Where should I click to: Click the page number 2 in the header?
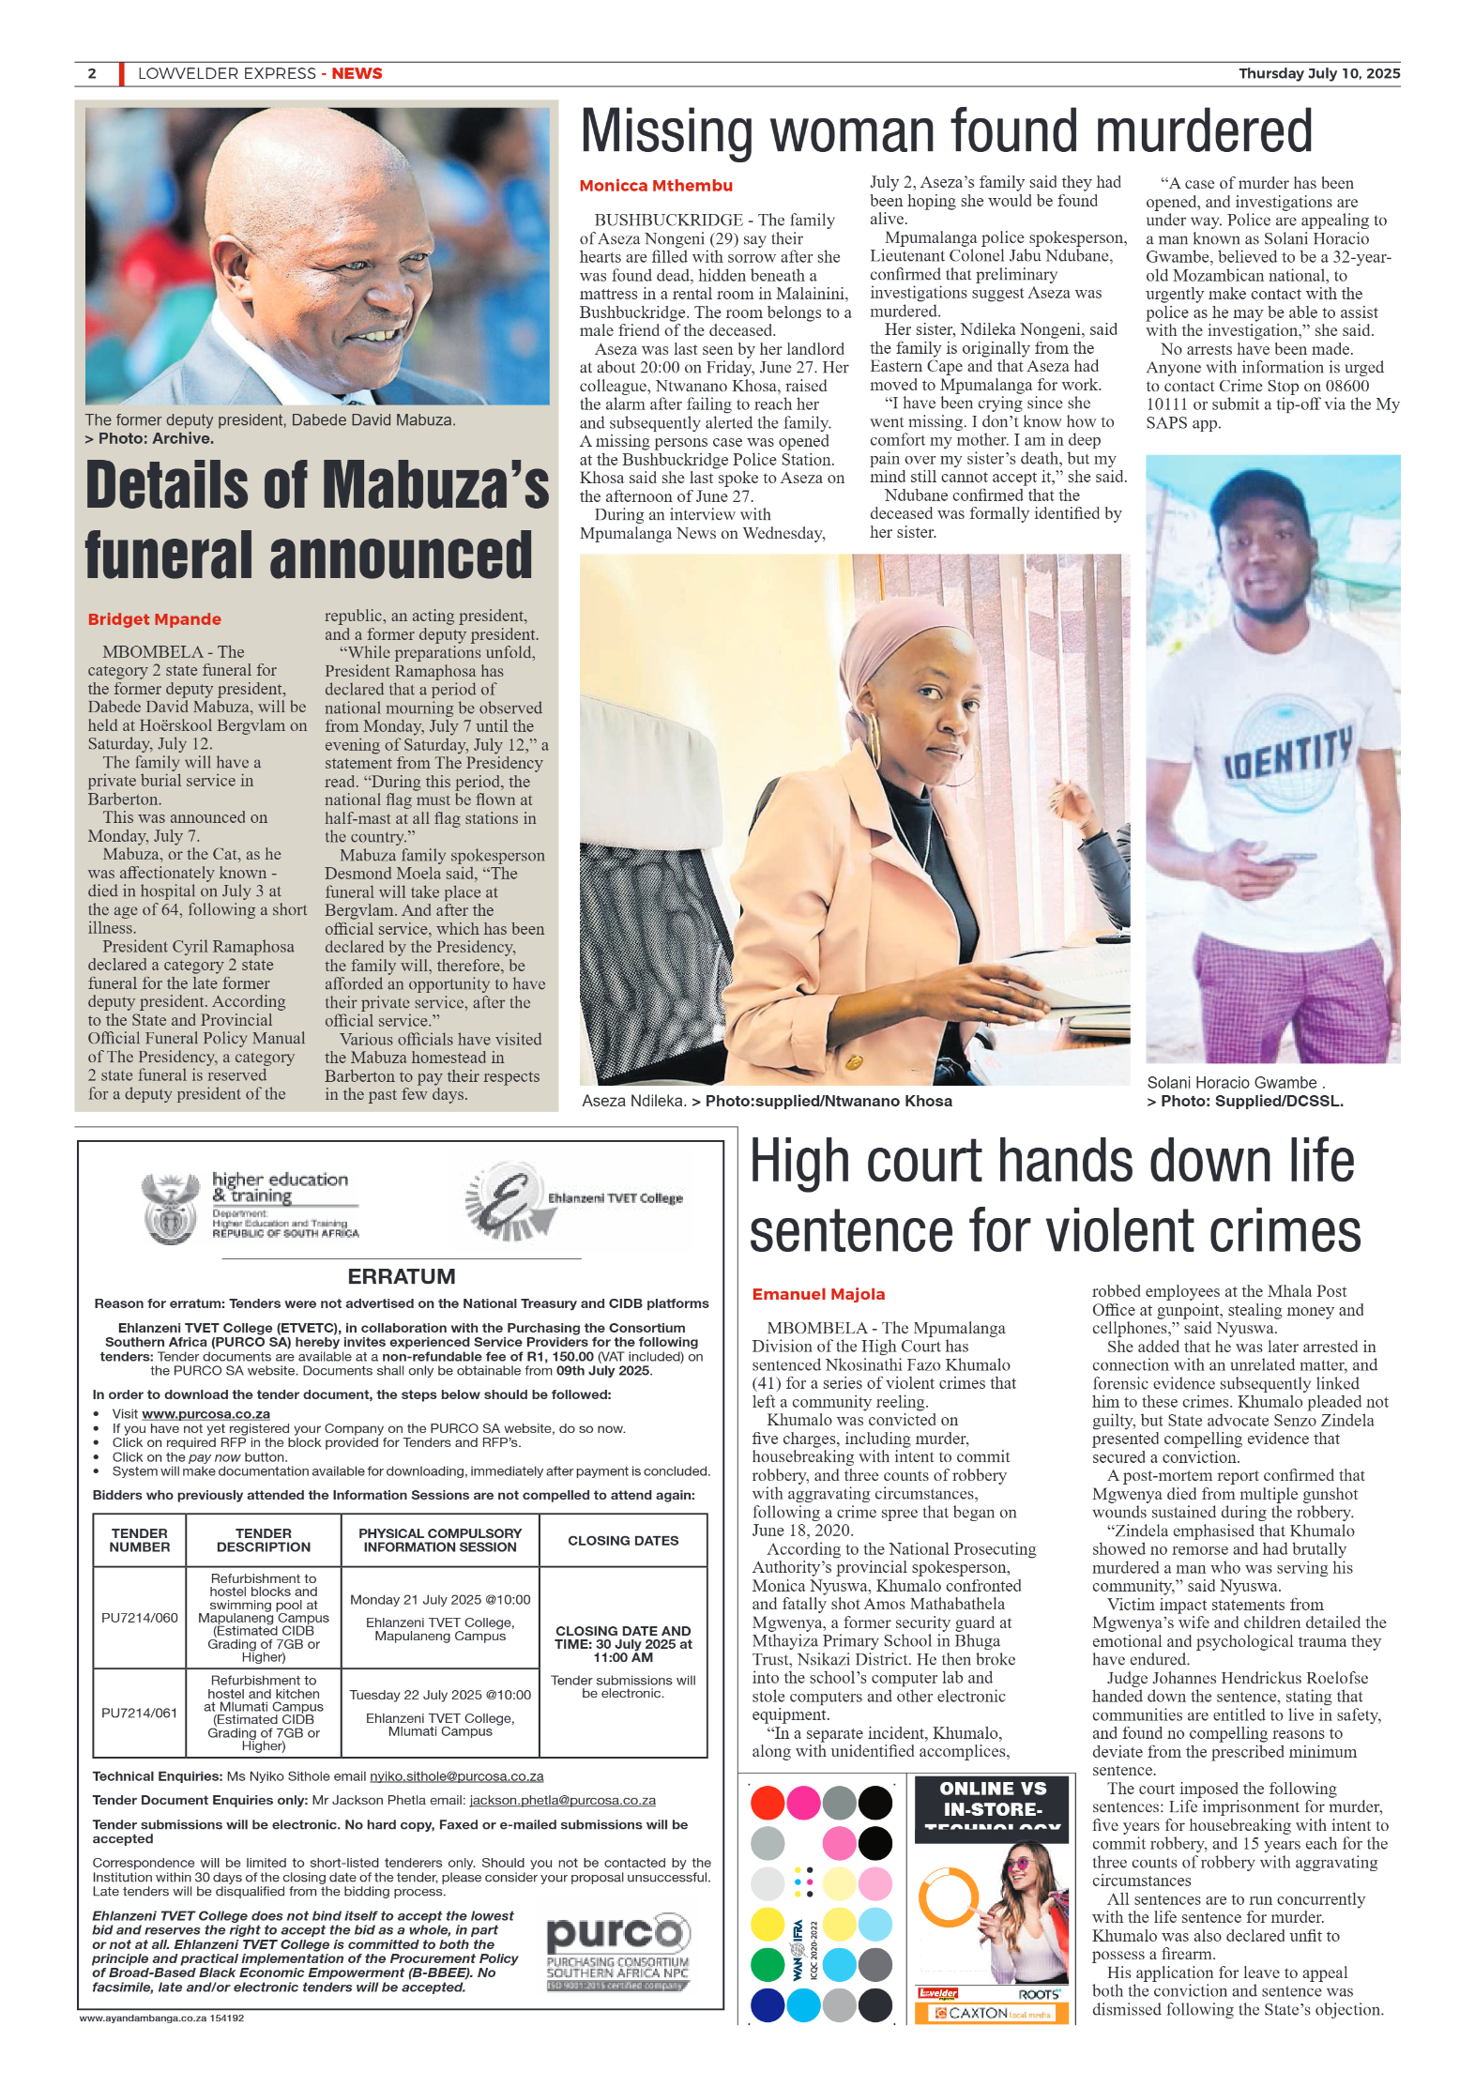tap(92, 73)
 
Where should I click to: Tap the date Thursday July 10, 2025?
tap(1318, 73)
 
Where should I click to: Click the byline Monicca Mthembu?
tap(655, 186)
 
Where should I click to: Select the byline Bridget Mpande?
tap(154, 619)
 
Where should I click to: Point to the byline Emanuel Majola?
tap(817, 1294)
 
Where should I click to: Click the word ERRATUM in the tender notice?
tap(401, 1276)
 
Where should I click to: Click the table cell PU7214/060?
tap(139, 1618)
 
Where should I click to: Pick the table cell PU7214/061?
tap(139, 1713)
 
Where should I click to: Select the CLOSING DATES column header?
tap(622, 1540)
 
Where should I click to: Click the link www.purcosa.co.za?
tap(205, 1413)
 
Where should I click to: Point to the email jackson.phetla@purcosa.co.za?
tap(562, 1800)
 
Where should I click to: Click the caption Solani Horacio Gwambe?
tap(1231, 1082)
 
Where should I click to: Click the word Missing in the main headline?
tap(666, 131)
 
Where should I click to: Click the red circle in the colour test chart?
tap(767, 1802)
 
